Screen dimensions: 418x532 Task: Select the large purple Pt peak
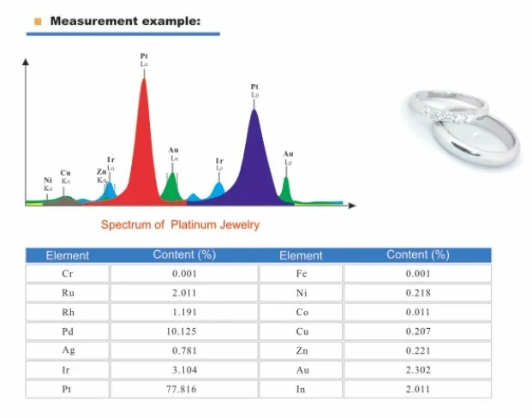[x=254, y=163]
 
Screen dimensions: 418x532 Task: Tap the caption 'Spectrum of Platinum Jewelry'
[x=180, y=225]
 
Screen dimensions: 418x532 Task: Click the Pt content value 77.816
[x=183, y=389]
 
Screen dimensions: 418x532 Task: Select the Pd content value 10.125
[x=183, y=331]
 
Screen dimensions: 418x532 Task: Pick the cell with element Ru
[x=68, y=293]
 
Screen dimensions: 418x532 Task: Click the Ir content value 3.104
[x=183, y=370]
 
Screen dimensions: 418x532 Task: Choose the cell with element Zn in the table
[x=301, y=350]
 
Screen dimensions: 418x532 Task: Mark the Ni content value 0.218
[x=417, y=293]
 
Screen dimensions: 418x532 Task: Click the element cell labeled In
[x=301, y=389]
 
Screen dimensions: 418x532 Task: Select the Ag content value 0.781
[x=183, y=350]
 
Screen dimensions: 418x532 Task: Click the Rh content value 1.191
[x=183, y=313]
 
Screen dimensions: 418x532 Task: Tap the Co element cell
[x=301, y=313]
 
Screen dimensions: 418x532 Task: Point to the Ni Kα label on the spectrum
[x=47, y=183]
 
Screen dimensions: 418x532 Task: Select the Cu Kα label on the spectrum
[x=66, y=176]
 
